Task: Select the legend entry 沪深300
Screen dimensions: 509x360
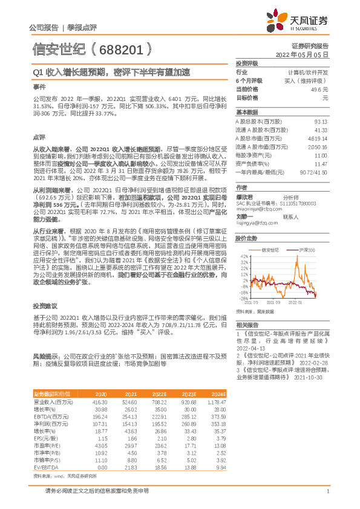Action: (x=307, y=249)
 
